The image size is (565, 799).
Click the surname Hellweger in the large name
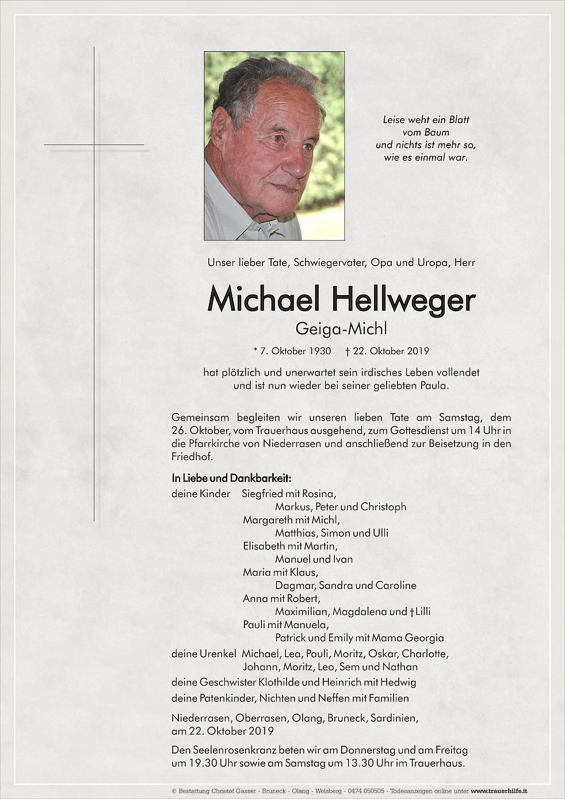(403, 300)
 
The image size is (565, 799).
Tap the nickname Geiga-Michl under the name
(341, 328)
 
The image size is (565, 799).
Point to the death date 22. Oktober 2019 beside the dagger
(391, 351)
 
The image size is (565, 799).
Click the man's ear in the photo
(220, 130)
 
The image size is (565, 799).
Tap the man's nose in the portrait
(296, 165)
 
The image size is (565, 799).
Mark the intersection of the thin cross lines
(94, 144)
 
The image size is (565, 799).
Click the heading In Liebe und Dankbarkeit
(231, 478)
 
